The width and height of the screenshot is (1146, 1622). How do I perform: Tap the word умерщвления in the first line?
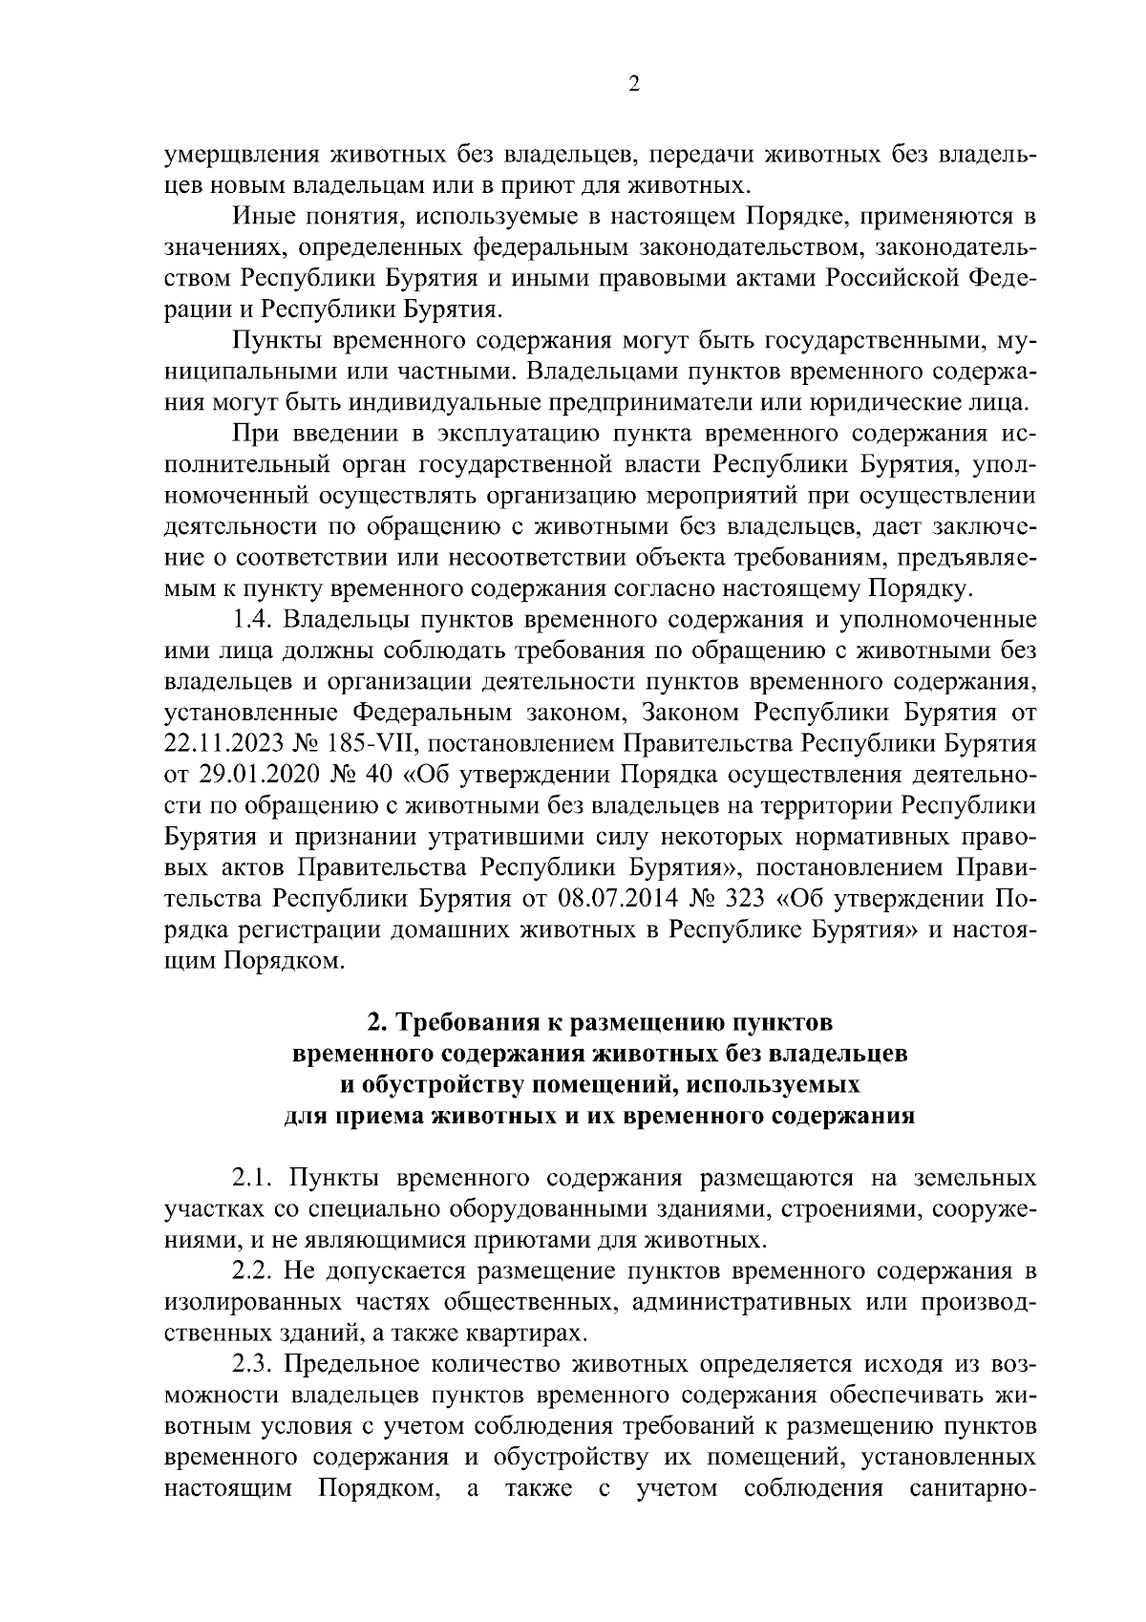242,153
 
